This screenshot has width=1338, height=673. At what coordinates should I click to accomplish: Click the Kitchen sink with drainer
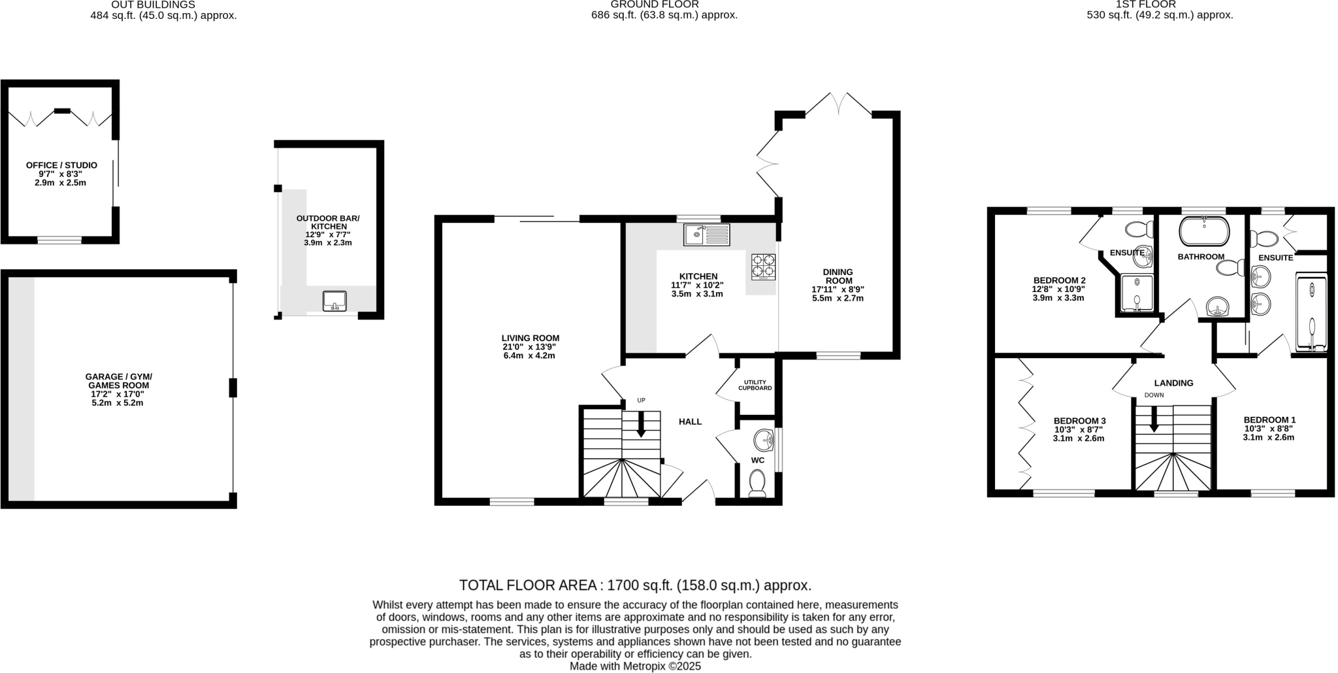706,234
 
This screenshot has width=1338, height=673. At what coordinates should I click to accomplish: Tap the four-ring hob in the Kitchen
763,266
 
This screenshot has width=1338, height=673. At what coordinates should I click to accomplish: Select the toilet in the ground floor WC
757,484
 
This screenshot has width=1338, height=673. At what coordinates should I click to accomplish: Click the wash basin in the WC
763,440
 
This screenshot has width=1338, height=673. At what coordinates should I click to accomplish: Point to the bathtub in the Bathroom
1203,231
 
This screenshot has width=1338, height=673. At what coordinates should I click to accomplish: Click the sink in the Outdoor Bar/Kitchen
334,301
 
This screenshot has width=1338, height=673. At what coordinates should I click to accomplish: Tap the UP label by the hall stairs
641,401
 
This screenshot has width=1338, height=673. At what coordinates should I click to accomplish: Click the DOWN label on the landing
1154,395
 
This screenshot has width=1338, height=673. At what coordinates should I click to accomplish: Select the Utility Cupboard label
755,385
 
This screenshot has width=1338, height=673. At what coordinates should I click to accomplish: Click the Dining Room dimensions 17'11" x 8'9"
838,289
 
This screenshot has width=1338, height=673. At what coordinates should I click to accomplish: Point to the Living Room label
530,338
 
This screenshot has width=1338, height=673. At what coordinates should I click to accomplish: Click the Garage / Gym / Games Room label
118,381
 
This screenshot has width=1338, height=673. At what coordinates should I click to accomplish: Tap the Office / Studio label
61,165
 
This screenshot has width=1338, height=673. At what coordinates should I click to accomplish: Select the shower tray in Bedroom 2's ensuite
1138,293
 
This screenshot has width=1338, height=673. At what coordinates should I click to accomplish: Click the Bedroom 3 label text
1079,421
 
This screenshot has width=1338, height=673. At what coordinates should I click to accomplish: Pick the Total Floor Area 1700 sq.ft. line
634,585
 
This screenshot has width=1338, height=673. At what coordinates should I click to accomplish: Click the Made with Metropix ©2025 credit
634,666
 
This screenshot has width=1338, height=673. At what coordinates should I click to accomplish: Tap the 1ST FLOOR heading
1159,5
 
